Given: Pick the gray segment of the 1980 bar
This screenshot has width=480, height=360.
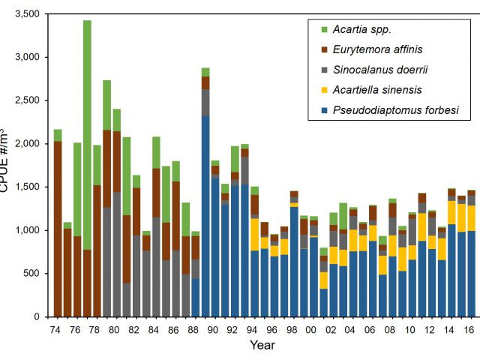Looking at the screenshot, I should (x=117, y=255).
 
